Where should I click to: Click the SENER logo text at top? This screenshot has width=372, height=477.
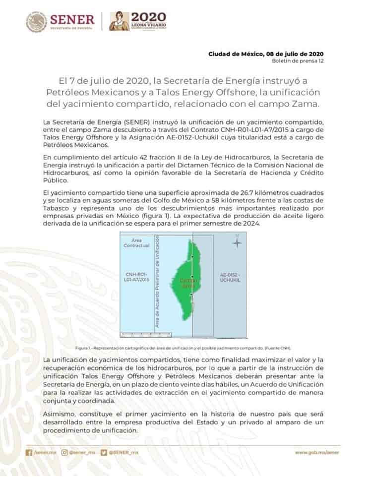70,20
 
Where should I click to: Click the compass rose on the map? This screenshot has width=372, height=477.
238,243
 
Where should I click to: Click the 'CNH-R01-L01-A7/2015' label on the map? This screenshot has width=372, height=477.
137,277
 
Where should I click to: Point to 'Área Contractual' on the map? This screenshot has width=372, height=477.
133,242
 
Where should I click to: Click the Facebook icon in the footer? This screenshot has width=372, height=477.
29,452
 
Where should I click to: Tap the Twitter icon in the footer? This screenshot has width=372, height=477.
103,452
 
